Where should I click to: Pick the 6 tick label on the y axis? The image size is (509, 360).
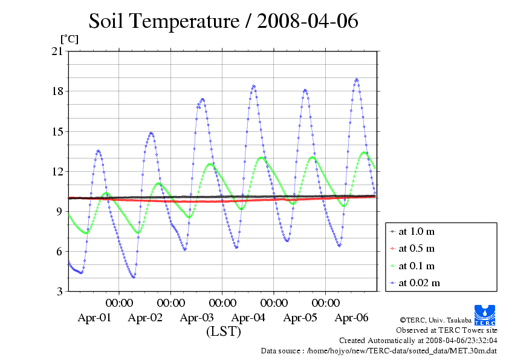click(59, 251)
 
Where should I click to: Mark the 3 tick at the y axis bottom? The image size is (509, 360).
click(59, 292)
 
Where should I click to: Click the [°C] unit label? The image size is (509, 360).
click(68, 39)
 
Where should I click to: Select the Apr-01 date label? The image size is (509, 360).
click(94, 318)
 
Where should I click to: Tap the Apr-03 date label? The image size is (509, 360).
click(197, 318)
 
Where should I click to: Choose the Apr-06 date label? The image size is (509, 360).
click(352, 318)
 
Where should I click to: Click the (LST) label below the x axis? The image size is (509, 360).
click(223, 332)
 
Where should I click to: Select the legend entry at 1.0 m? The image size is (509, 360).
click(417, 232)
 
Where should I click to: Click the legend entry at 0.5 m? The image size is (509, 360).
click(417, 249)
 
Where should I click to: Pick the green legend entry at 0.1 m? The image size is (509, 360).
click(417, 266)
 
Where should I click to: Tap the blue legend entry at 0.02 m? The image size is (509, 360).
click(419, 283)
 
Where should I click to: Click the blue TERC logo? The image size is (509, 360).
click(485, 314)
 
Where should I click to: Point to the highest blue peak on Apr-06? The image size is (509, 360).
click(357, 79)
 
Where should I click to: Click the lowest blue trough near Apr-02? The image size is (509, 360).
click(133, 277)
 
